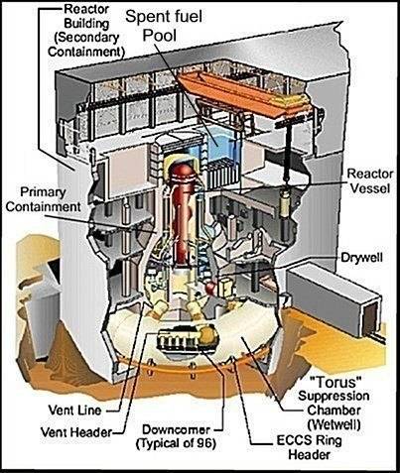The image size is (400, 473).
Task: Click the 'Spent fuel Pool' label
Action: [164, 25]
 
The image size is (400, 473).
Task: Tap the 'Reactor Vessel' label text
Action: [370, 180]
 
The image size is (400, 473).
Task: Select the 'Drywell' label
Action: [361, 258]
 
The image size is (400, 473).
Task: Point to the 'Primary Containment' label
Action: [43, 199]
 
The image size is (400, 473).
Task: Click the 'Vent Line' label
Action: [74, 411]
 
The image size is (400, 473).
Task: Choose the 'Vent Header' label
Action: [76, 432]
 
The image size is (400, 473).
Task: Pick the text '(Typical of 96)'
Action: [176, 443]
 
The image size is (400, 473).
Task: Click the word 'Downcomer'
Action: [176, 429]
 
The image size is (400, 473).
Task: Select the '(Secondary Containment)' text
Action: [86, 45]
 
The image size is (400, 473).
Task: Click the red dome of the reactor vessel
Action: [181, 171]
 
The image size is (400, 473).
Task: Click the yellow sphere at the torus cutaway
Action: [207, 334]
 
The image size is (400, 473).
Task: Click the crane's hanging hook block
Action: [286, 200]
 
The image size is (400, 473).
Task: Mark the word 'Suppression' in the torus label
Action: [333, 396]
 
